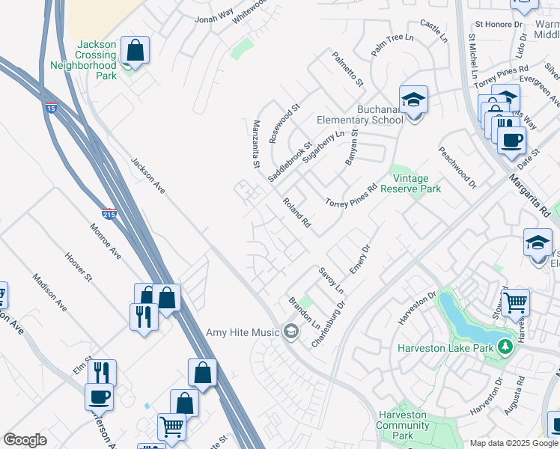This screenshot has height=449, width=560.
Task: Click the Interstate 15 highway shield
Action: click(51, 107)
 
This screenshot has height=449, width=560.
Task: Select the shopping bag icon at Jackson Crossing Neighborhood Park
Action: click(135, 52)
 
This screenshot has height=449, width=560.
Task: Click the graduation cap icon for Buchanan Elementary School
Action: click(413, 99)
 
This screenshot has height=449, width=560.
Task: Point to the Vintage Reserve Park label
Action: click(410, 183)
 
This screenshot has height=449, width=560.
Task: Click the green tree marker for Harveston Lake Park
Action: click(506, 346)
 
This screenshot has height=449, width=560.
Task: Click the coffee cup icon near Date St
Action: click(512, 139)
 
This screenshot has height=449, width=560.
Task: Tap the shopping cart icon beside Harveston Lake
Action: click(515, 303)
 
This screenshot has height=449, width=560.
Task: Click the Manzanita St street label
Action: click(256, 144)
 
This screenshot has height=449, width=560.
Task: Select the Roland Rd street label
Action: click(296, 213)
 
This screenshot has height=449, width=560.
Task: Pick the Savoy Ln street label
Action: click(330, 279)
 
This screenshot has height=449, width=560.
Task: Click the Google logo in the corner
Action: click(25, 440)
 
